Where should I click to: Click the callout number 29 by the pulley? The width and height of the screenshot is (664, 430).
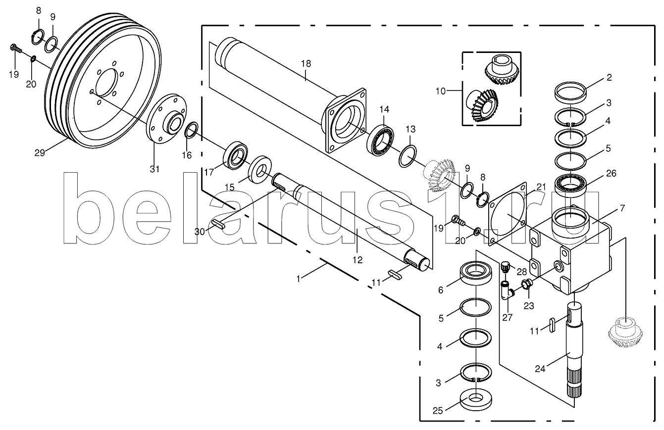(x=40, y=153)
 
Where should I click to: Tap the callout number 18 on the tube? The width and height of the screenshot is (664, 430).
(x=306, y=64)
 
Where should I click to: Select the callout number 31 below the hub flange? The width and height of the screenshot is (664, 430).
(x=154, y=169)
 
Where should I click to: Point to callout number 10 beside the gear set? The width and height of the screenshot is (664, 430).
(x=441, y=91)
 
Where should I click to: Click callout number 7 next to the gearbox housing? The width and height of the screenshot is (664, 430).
(x=622, y=208)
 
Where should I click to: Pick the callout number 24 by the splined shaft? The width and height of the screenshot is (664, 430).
(x=540, y=369)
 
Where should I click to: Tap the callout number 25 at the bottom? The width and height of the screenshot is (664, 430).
(x=438, y=411)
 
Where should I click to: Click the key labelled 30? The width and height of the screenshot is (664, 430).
(x=219, y=224)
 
